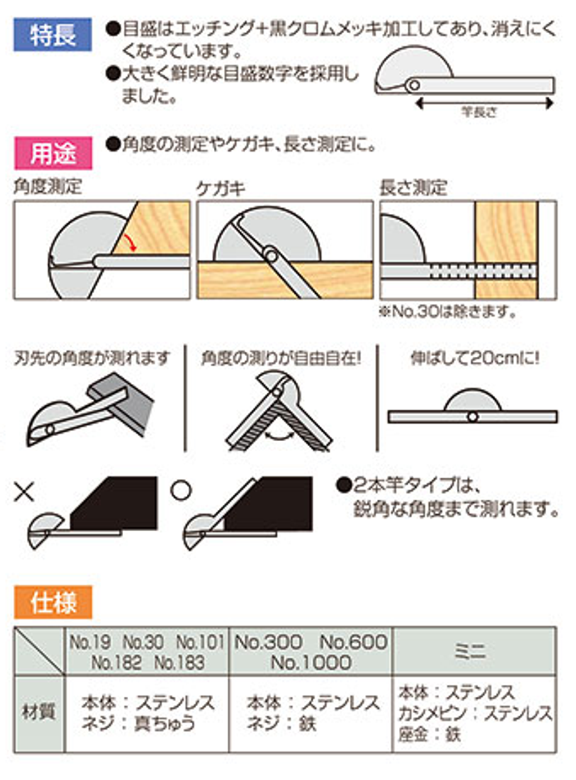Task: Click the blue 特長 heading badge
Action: click(x=53, y=34)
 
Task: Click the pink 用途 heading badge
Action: click(x=53, y=154)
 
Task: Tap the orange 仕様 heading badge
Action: click(x=53, y=602)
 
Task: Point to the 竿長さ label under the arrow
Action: click(x=480, y=113)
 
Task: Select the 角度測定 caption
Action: click(x=47, y=187)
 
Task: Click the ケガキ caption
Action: click(x=220, y=189)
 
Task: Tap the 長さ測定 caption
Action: click(x=413, y=188)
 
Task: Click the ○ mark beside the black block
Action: click(x=181, y=490)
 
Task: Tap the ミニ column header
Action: click(x=470, y=652)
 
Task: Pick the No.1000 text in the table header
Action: click(x=311, y=663)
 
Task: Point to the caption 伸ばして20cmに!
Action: click(x=475, y=358)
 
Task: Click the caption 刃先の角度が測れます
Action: click(x=92, y=358)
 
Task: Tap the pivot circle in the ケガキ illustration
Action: click(x=271, y=254)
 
